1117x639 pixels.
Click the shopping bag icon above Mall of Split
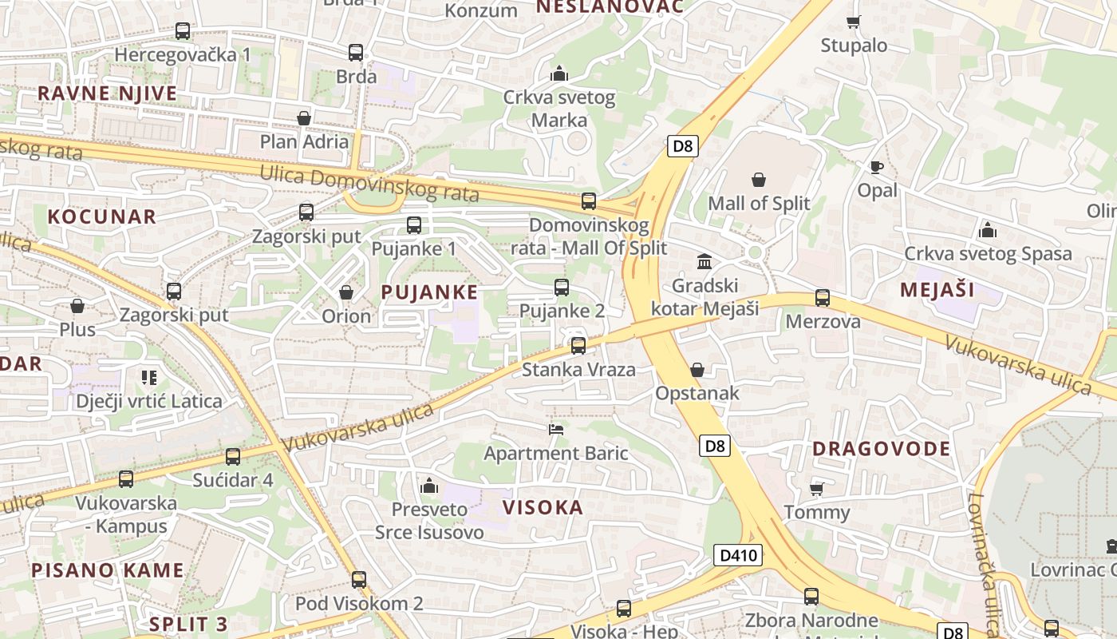pyautogui.click(x=759, y=181)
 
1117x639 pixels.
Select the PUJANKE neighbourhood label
pyautogui.click(x=429, y=292)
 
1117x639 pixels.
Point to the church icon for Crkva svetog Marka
pyautogui.click(x=559, y=74)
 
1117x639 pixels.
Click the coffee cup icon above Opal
pyautogui.click(x=876, y=168)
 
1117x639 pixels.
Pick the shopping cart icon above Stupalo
pyautogui.click(x=853, y=22)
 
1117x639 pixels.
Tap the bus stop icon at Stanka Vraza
pyautogui.click(x=578, y=346)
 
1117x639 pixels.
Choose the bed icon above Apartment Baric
pyautogui.click(x=556, y=430)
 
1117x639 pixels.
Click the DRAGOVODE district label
pyautogui.click(x=882, y=449)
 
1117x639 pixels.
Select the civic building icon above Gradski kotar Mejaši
pyautogui.click(x=705, y=262)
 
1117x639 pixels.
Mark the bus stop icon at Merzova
pyautogui.click(x=823, y=299)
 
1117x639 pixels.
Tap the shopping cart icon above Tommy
pyautogui.click(x=816, y=489)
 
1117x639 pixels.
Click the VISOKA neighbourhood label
pyautogui.click(x=543, y=508)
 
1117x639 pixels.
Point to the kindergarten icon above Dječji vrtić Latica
pyautogui.click(x=148, y=377)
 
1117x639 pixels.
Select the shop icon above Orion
pyautogui.click(x=346, y=292)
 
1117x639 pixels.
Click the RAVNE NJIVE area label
pyautogui.click(x=107, y=93)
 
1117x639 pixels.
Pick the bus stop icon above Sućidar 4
pyautogui.click(x=233, y=457)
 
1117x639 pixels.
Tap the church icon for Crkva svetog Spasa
pyautogui.click(x=988, y=231)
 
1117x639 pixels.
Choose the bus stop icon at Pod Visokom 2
pyautogui.click(x=359, y=580)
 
